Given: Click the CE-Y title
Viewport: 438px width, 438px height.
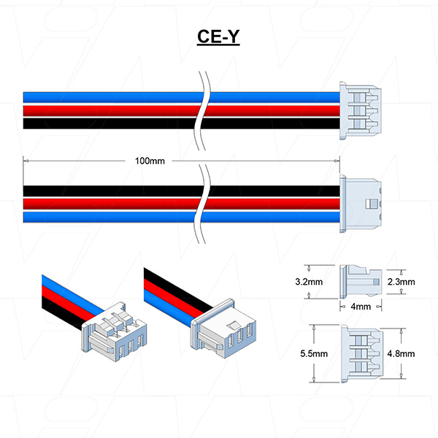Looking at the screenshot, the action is coord(218,36).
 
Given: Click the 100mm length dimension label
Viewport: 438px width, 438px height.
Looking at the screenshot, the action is coord(150,161).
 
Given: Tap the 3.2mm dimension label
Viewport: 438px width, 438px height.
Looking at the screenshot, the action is coord(309,282).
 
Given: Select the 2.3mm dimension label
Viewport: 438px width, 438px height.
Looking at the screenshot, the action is coord(401,282).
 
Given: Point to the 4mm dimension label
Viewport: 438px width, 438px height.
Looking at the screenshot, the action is coord(361,307).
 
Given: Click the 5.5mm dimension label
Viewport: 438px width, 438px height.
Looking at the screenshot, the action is coord(314,353).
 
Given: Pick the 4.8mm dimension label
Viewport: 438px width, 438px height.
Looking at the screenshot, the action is coord(401,353).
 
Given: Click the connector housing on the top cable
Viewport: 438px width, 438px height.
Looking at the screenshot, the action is coord(361,111).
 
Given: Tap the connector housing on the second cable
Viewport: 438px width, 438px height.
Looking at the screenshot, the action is coord(361,204).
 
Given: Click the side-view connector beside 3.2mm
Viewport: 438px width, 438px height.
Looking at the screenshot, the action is coord(361,282).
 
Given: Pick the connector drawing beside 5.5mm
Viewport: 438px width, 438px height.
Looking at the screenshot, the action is coord(362,353).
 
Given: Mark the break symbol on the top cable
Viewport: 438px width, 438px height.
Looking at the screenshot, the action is coord(202,111).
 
